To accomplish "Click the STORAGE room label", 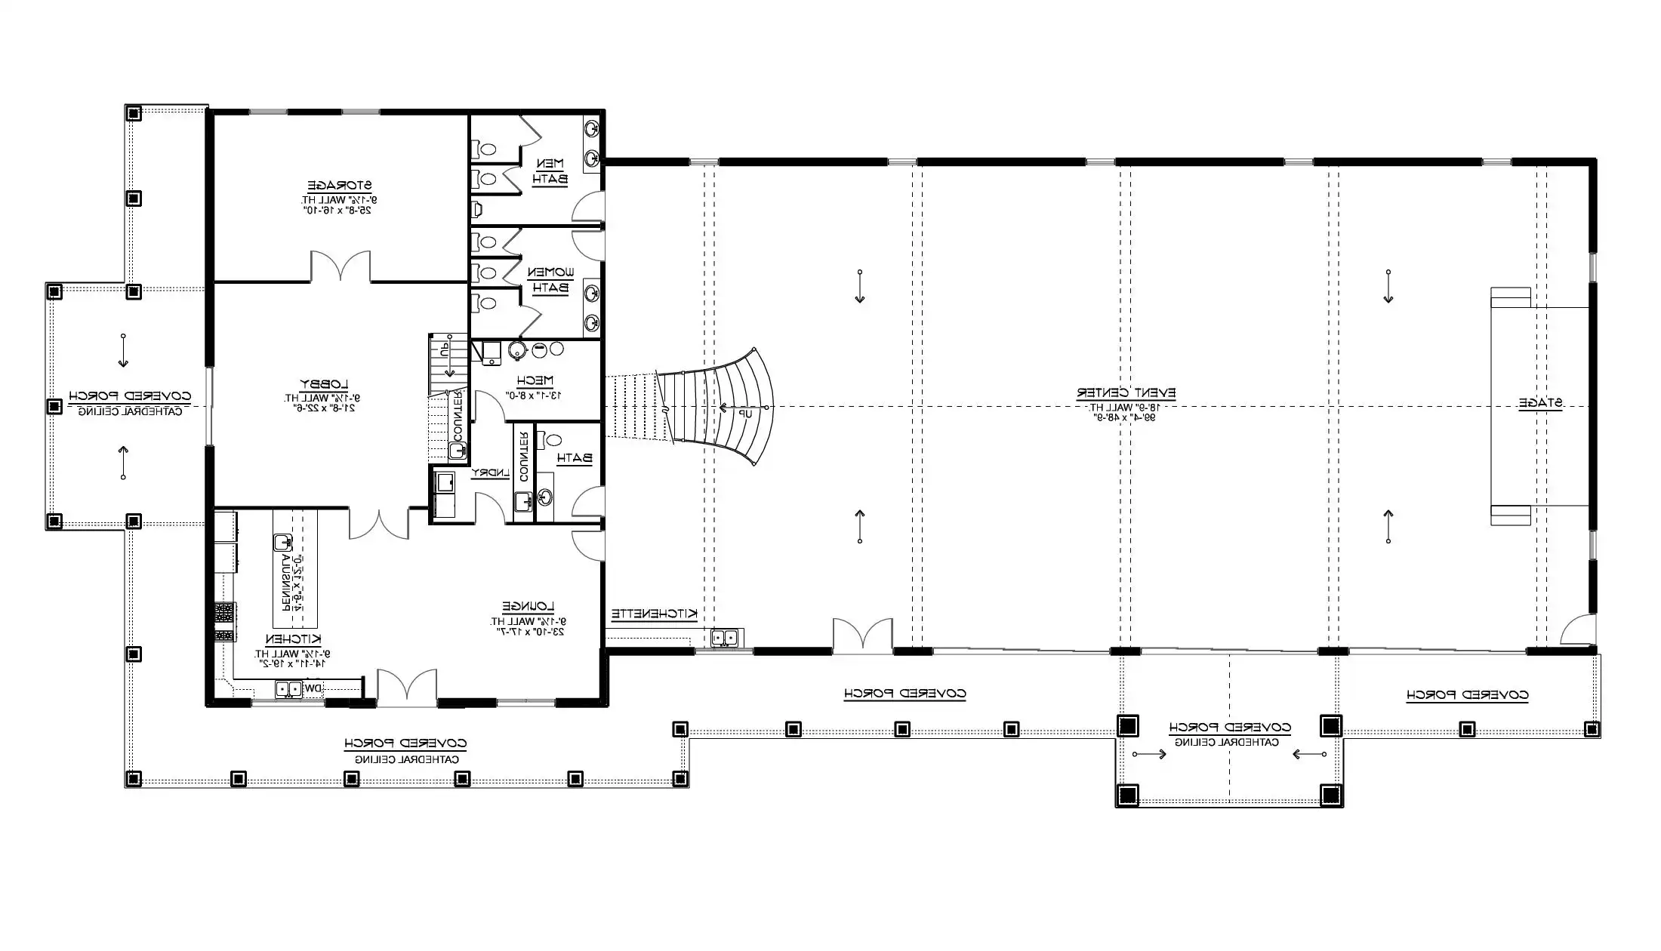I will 339,185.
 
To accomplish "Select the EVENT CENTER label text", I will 1126,393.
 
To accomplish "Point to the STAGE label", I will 1541,404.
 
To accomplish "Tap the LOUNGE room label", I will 528,607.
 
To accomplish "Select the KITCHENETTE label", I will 654,614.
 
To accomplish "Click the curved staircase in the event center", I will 725,408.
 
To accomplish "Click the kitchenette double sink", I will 724,639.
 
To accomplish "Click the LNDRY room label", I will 490,473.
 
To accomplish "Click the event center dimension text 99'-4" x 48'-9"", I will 1126,416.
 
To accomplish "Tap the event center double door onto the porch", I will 862,635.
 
